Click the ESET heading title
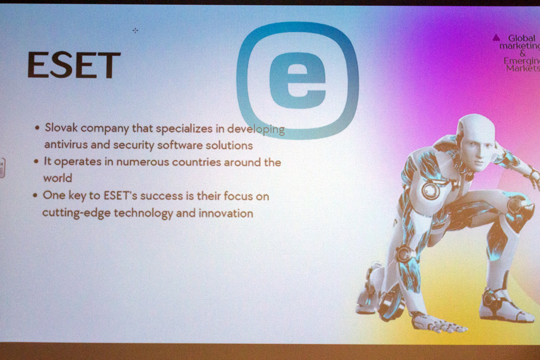(74, 65)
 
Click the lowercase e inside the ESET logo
(298, 81)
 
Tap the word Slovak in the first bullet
(61, 127)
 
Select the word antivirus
(66, 144)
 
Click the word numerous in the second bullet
(143, 162)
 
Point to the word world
(58, 178)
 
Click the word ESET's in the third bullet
(120, 195)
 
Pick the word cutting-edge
(76, 213)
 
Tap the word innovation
(226, 213)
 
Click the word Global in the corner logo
(522, 38)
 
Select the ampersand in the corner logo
(522, 53)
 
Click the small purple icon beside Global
(496, 38)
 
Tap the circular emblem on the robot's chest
(431, 190)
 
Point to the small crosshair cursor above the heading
(135, 31)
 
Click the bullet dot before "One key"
(35, 195)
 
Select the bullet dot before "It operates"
(36, 161)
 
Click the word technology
(143, 213)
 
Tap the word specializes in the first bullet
(184, 129)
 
